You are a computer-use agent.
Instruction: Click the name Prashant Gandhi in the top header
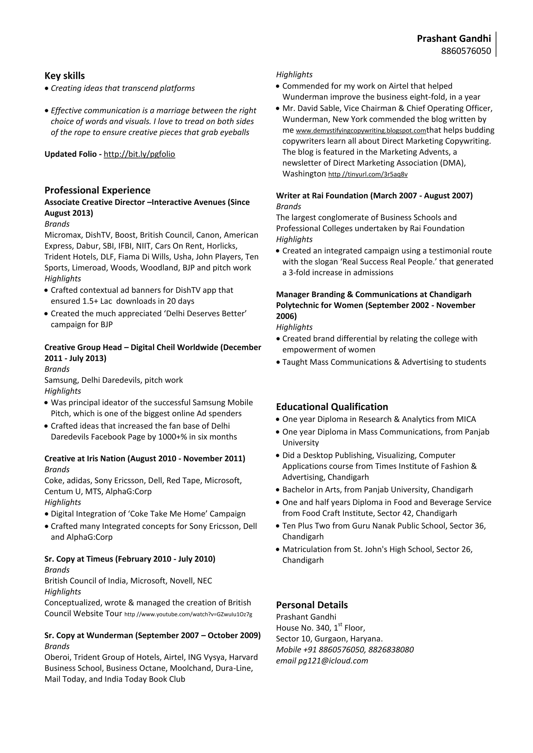(454, 39)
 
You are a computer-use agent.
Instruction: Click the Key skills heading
(65, 76)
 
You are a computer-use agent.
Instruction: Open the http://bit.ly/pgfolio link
(139, 154)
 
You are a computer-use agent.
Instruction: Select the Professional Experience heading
(98, 190)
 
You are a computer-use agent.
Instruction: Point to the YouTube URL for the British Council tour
(188, 614)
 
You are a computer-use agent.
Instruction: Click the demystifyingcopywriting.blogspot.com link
(361, 131)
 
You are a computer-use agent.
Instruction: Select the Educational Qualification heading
(332, 407)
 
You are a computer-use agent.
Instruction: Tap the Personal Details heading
(312, 605)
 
